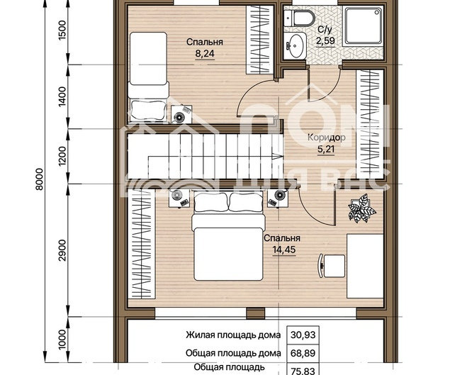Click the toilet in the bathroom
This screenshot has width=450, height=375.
299,18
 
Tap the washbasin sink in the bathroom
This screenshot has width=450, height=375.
295,45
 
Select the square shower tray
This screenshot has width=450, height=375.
364,26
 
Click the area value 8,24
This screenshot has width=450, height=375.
205,54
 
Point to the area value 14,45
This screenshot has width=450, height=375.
284,250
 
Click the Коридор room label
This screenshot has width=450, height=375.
327,138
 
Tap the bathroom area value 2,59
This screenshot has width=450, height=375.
325,40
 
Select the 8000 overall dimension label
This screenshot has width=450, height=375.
39,179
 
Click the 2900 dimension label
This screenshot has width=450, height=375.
62,250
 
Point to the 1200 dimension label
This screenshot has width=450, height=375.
62,157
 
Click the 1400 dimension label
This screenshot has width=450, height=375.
62,97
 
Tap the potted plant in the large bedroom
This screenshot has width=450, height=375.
361,208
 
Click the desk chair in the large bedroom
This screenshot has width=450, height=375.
332,266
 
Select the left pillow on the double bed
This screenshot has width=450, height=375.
210,202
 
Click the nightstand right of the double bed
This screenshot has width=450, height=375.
278,198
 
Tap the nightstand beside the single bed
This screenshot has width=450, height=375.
181,114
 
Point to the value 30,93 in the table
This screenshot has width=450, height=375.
303,335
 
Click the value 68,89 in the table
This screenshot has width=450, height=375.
303,353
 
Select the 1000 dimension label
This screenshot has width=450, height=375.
62,340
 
